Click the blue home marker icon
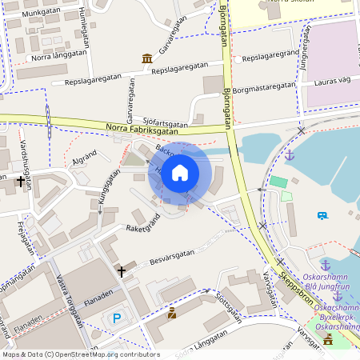[180, 173]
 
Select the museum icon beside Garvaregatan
[147, 58]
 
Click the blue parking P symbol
[117, 318]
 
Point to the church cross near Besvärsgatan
[122, 272]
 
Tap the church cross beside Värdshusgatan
[19, 182]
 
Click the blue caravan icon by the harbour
[322, 215]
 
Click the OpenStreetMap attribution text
[80, 354]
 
